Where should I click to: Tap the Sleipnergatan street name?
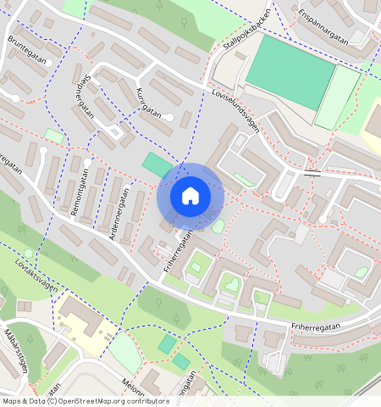84,103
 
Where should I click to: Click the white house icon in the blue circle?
190,197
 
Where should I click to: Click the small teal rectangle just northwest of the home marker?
156,164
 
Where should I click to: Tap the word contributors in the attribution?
147,401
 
